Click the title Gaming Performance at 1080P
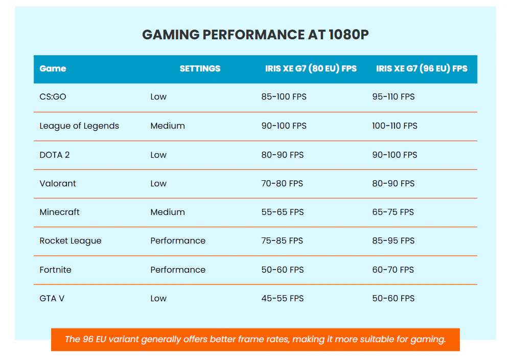255,35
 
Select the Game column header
53,68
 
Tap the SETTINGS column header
200,68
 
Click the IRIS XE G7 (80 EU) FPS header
311,68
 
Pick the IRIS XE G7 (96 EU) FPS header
422,68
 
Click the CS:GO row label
53,97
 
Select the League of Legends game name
79,126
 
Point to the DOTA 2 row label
55,155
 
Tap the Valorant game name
58,183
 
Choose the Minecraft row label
60,212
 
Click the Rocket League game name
71,241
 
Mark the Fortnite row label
56,270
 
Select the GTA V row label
52,298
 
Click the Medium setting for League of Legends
168,126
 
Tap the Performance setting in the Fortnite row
178,270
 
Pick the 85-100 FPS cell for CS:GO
284,97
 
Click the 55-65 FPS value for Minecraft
282,212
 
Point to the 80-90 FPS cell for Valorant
393,183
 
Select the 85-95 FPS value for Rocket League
393,241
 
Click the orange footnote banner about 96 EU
255,339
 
